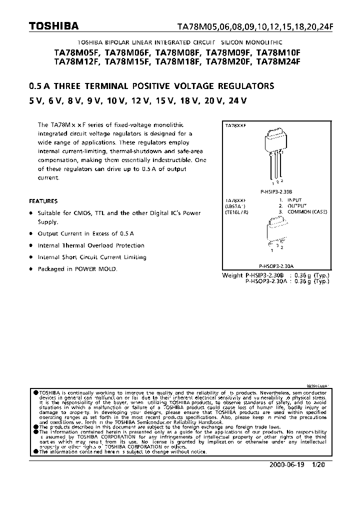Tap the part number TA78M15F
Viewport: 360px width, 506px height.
point(128,62)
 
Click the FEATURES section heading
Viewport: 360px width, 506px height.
point(43,201)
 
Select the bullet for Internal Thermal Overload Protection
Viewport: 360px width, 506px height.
point(31,245)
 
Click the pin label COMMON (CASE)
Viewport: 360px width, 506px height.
point(307,211)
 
